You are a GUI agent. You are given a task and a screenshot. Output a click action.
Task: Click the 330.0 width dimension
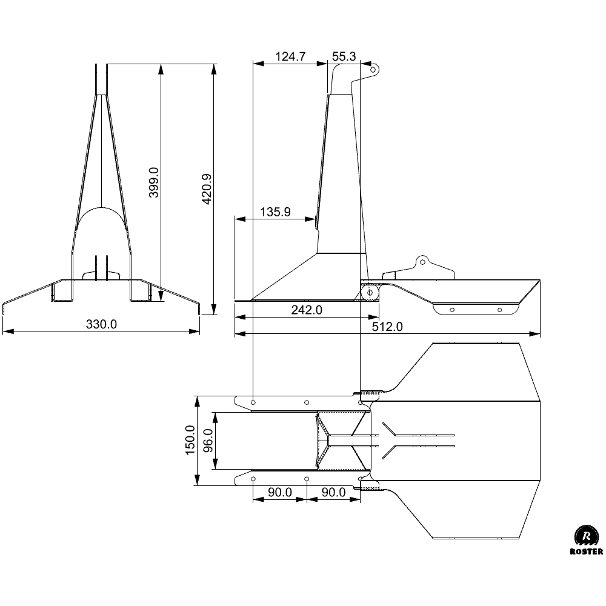click(101, 324)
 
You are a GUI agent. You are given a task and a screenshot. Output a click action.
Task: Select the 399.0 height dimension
click(154, 182)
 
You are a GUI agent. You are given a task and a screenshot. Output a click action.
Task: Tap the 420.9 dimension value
click(207, 189)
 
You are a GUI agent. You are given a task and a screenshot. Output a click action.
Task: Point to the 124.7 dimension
click(290, 57)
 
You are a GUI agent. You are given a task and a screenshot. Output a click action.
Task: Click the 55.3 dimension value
click(344, 57)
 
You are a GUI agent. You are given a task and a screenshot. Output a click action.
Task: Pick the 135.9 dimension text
click(275, 211)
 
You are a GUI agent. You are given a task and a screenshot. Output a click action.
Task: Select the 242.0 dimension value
click(307, 310)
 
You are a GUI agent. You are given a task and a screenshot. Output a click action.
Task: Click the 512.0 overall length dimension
click(387, 327)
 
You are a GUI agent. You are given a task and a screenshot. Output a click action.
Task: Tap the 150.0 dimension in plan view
click(190, 440)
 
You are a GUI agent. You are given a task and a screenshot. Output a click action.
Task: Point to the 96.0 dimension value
click(207, 441)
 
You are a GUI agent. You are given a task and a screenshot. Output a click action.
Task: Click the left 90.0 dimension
click(280, 492)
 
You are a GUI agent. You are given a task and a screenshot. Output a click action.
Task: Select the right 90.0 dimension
click(333, 492)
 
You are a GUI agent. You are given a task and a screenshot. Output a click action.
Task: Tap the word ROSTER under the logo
click(586, 552)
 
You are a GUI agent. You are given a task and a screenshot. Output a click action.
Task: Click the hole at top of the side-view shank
click(373, 70)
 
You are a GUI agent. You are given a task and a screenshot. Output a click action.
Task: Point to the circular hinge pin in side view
click(370, 293)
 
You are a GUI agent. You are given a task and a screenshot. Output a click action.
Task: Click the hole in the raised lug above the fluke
click(422, 262)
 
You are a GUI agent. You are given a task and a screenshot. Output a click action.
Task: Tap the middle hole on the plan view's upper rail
click(307, 402)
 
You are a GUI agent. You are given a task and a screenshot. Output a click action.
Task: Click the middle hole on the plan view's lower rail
click(307, 479)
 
